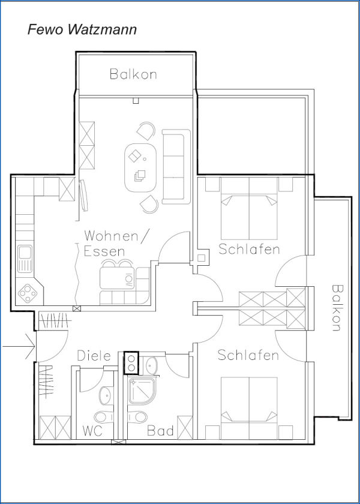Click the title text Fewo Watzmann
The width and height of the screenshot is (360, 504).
pyautogui.click(x=82, y=29)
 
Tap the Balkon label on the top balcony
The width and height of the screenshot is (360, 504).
pyautogui.click(x=133, y=74)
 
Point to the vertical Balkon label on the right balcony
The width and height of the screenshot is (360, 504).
pyautogui.click(x=337, y=308)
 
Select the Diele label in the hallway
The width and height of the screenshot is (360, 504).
pyautogui.click(x=94, y=356)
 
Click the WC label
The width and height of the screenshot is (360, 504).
pyautogui.click(x=92, y=431)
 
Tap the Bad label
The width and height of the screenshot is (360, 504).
pyautogui.click(x=161, y=431)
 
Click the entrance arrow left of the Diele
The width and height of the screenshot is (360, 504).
pyautogui.click(x=19, y=347)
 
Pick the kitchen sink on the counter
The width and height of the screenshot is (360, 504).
pyautogui.click(x=25, y=259)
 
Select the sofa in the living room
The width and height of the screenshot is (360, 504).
pyautogui.click(x=176, y=167)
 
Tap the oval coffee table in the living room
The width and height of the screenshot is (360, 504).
pyautogui.click(x=140, y=167)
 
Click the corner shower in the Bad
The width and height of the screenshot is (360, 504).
pyautogui.click(x=142, y=391)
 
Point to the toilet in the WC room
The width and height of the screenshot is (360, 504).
pyautogui.click(x=104, y=417)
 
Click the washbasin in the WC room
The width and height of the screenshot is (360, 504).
pyautogui.click(x=104, y=395)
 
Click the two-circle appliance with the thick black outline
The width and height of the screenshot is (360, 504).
pyautogui.click(x=131, y=362)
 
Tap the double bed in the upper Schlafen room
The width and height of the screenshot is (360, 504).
pyautogui.click(x=249, y=208)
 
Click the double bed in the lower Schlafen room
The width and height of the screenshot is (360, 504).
pyautogui.click(x=249, y=408)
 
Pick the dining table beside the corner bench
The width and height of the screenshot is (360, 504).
pyautogui.click(x=116, y=278)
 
